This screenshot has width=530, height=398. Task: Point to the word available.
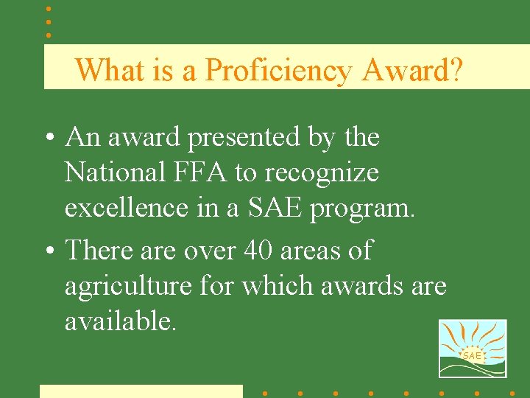(x=121, y=321)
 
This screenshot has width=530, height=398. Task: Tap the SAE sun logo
(x=472, y=349)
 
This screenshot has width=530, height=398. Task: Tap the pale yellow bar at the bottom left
(x=141, y=391)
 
